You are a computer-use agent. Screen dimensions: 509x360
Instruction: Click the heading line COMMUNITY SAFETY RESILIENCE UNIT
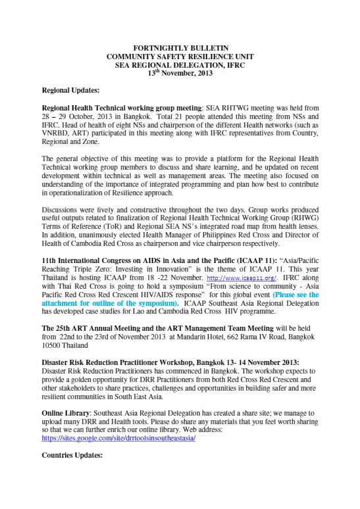pyautogui.click(x=180, y=58)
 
